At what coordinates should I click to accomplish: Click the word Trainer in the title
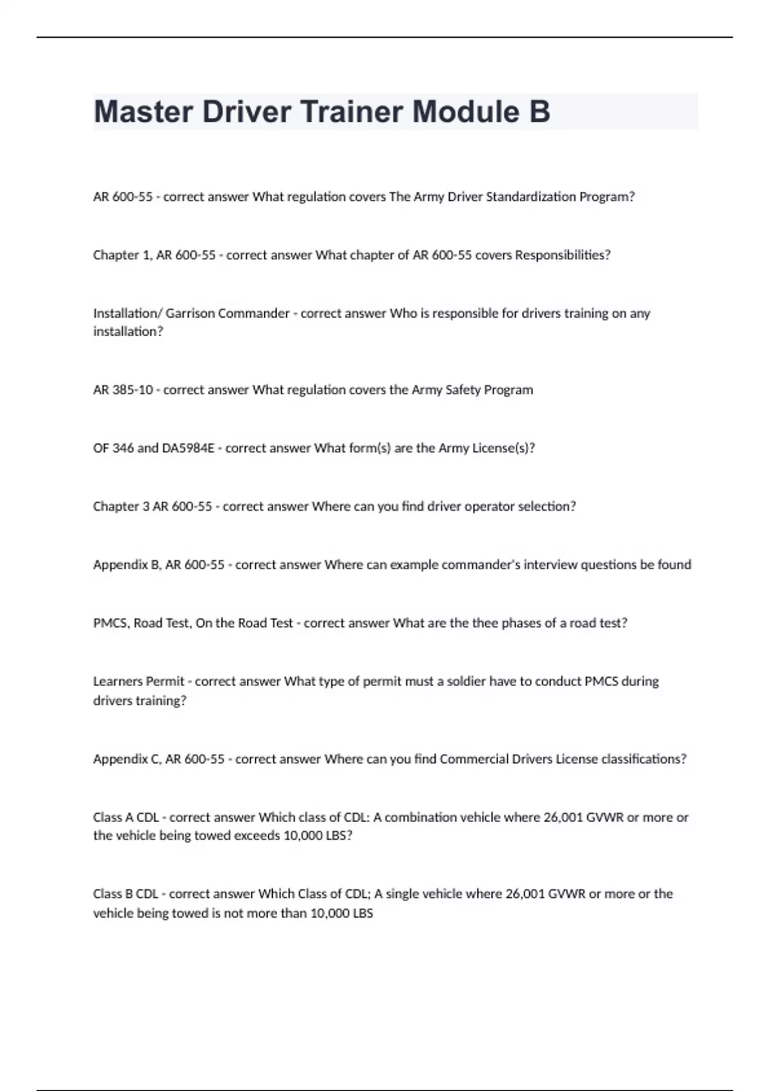point(352,112)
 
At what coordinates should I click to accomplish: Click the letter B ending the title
point(540,112)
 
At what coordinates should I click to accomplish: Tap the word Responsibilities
point(562,255)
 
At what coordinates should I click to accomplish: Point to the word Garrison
point(191,314)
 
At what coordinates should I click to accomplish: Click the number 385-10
point(133,390)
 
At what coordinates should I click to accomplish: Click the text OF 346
point(113,449)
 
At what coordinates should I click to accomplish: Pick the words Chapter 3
point(121,507)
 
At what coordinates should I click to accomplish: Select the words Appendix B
point(126,565)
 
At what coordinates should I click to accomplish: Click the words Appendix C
point(126,759)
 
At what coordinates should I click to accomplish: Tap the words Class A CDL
point(126,818)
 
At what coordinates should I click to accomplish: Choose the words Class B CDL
point(126,894)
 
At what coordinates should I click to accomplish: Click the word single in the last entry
point(402,894)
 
